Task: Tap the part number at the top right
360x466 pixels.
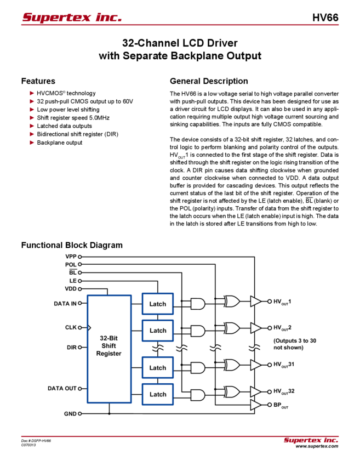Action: pos(329,17)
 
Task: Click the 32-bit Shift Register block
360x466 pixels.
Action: pos(109,350)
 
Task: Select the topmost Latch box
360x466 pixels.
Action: pos(158,304)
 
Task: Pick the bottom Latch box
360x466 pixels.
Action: pos(158,394)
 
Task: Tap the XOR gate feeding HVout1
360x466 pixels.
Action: pos(231,301)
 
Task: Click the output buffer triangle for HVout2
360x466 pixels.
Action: pos(256,328)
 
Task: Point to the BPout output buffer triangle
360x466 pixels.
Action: pos(256,405)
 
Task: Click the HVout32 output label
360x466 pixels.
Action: pos(283,391)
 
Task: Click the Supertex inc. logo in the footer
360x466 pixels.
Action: pos(311,440)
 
